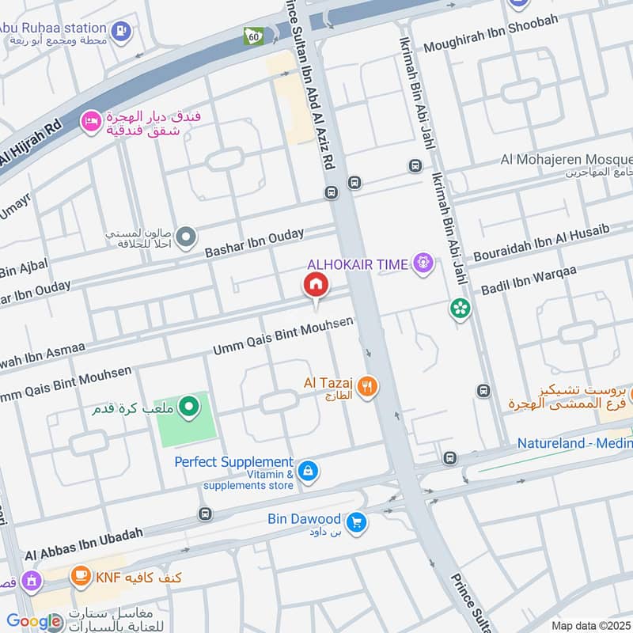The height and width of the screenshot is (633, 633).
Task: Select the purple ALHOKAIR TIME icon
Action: tap(424, 263)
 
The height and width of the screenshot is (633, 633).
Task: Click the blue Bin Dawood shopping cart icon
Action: tap(357, 521)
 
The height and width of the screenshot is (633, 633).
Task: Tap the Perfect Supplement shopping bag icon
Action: tap(309, 472)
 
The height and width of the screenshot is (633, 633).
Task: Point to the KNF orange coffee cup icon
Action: tap(80, 577)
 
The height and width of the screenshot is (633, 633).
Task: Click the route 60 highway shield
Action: tap(253, 37)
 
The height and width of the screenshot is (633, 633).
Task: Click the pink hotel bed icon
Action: tap(91, 122)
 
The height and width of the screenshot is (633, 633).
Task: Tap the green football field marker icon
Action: tap(188, 408)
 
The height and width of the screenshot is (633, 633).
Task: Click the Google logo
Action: tap(33, 621)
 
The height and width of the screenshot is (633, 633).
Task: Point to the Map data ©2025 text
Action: tap(589, 625)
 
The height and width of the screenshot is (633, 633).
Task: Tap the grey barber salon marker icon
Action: tap(187, 236)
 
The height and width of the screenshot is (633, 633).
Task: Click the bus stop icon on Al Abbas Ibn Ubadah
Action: tap(205, 514)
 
